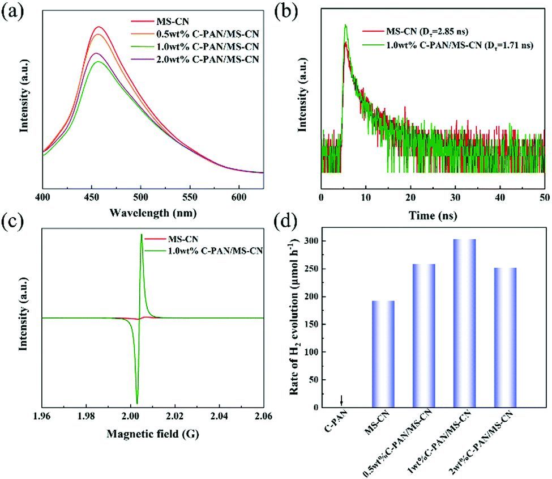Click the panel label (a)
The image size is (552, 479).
pos(12,12)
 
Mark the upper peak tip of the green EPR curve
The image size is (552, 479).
pos(141,235)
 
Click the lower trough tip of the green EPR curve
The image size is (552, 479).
pos(137,403)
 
